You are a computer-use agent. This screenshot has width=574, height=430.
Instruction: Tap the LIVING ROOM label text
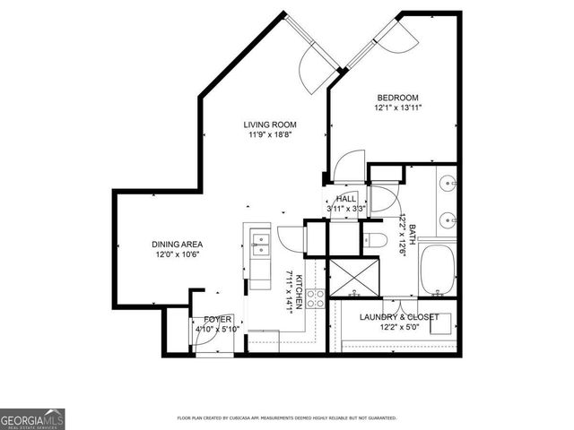pos(270,125)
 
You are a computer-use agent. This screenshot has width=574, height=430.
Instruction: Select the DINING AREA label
pos(176,244)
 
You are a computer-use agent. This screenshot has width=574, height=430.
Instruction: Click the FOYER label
pos(218,319)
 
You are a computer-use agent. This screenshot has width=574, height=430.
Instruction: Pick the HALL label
pos(347,198)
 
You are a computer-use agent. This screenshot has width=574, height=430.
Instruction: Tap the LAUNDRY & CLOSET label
pos(398,317)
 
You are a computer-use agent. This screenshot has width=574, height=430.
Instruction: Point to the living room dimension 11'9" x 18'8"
pos(270,135)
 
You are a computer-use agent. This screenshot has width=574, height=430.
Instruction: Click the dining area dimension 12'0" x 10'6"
pos(176,254)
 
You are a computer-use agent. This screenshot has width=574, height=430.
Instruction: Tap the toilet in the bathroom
pos(376,238)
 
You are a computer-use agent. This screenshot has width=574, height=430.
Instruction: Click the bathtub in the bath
pos(439,269)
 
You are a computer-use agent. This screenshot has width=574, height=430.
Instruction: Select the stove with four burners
pos(316,298)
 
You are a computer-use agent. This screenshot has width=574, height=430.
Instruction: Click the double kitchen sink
pos(258,244)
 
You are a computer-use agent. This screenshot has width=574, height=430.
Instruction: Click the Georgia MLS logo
pos(32,418)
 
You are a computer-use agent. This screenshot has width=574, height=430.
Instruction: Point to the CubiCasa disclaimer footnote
pos(287,418)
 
